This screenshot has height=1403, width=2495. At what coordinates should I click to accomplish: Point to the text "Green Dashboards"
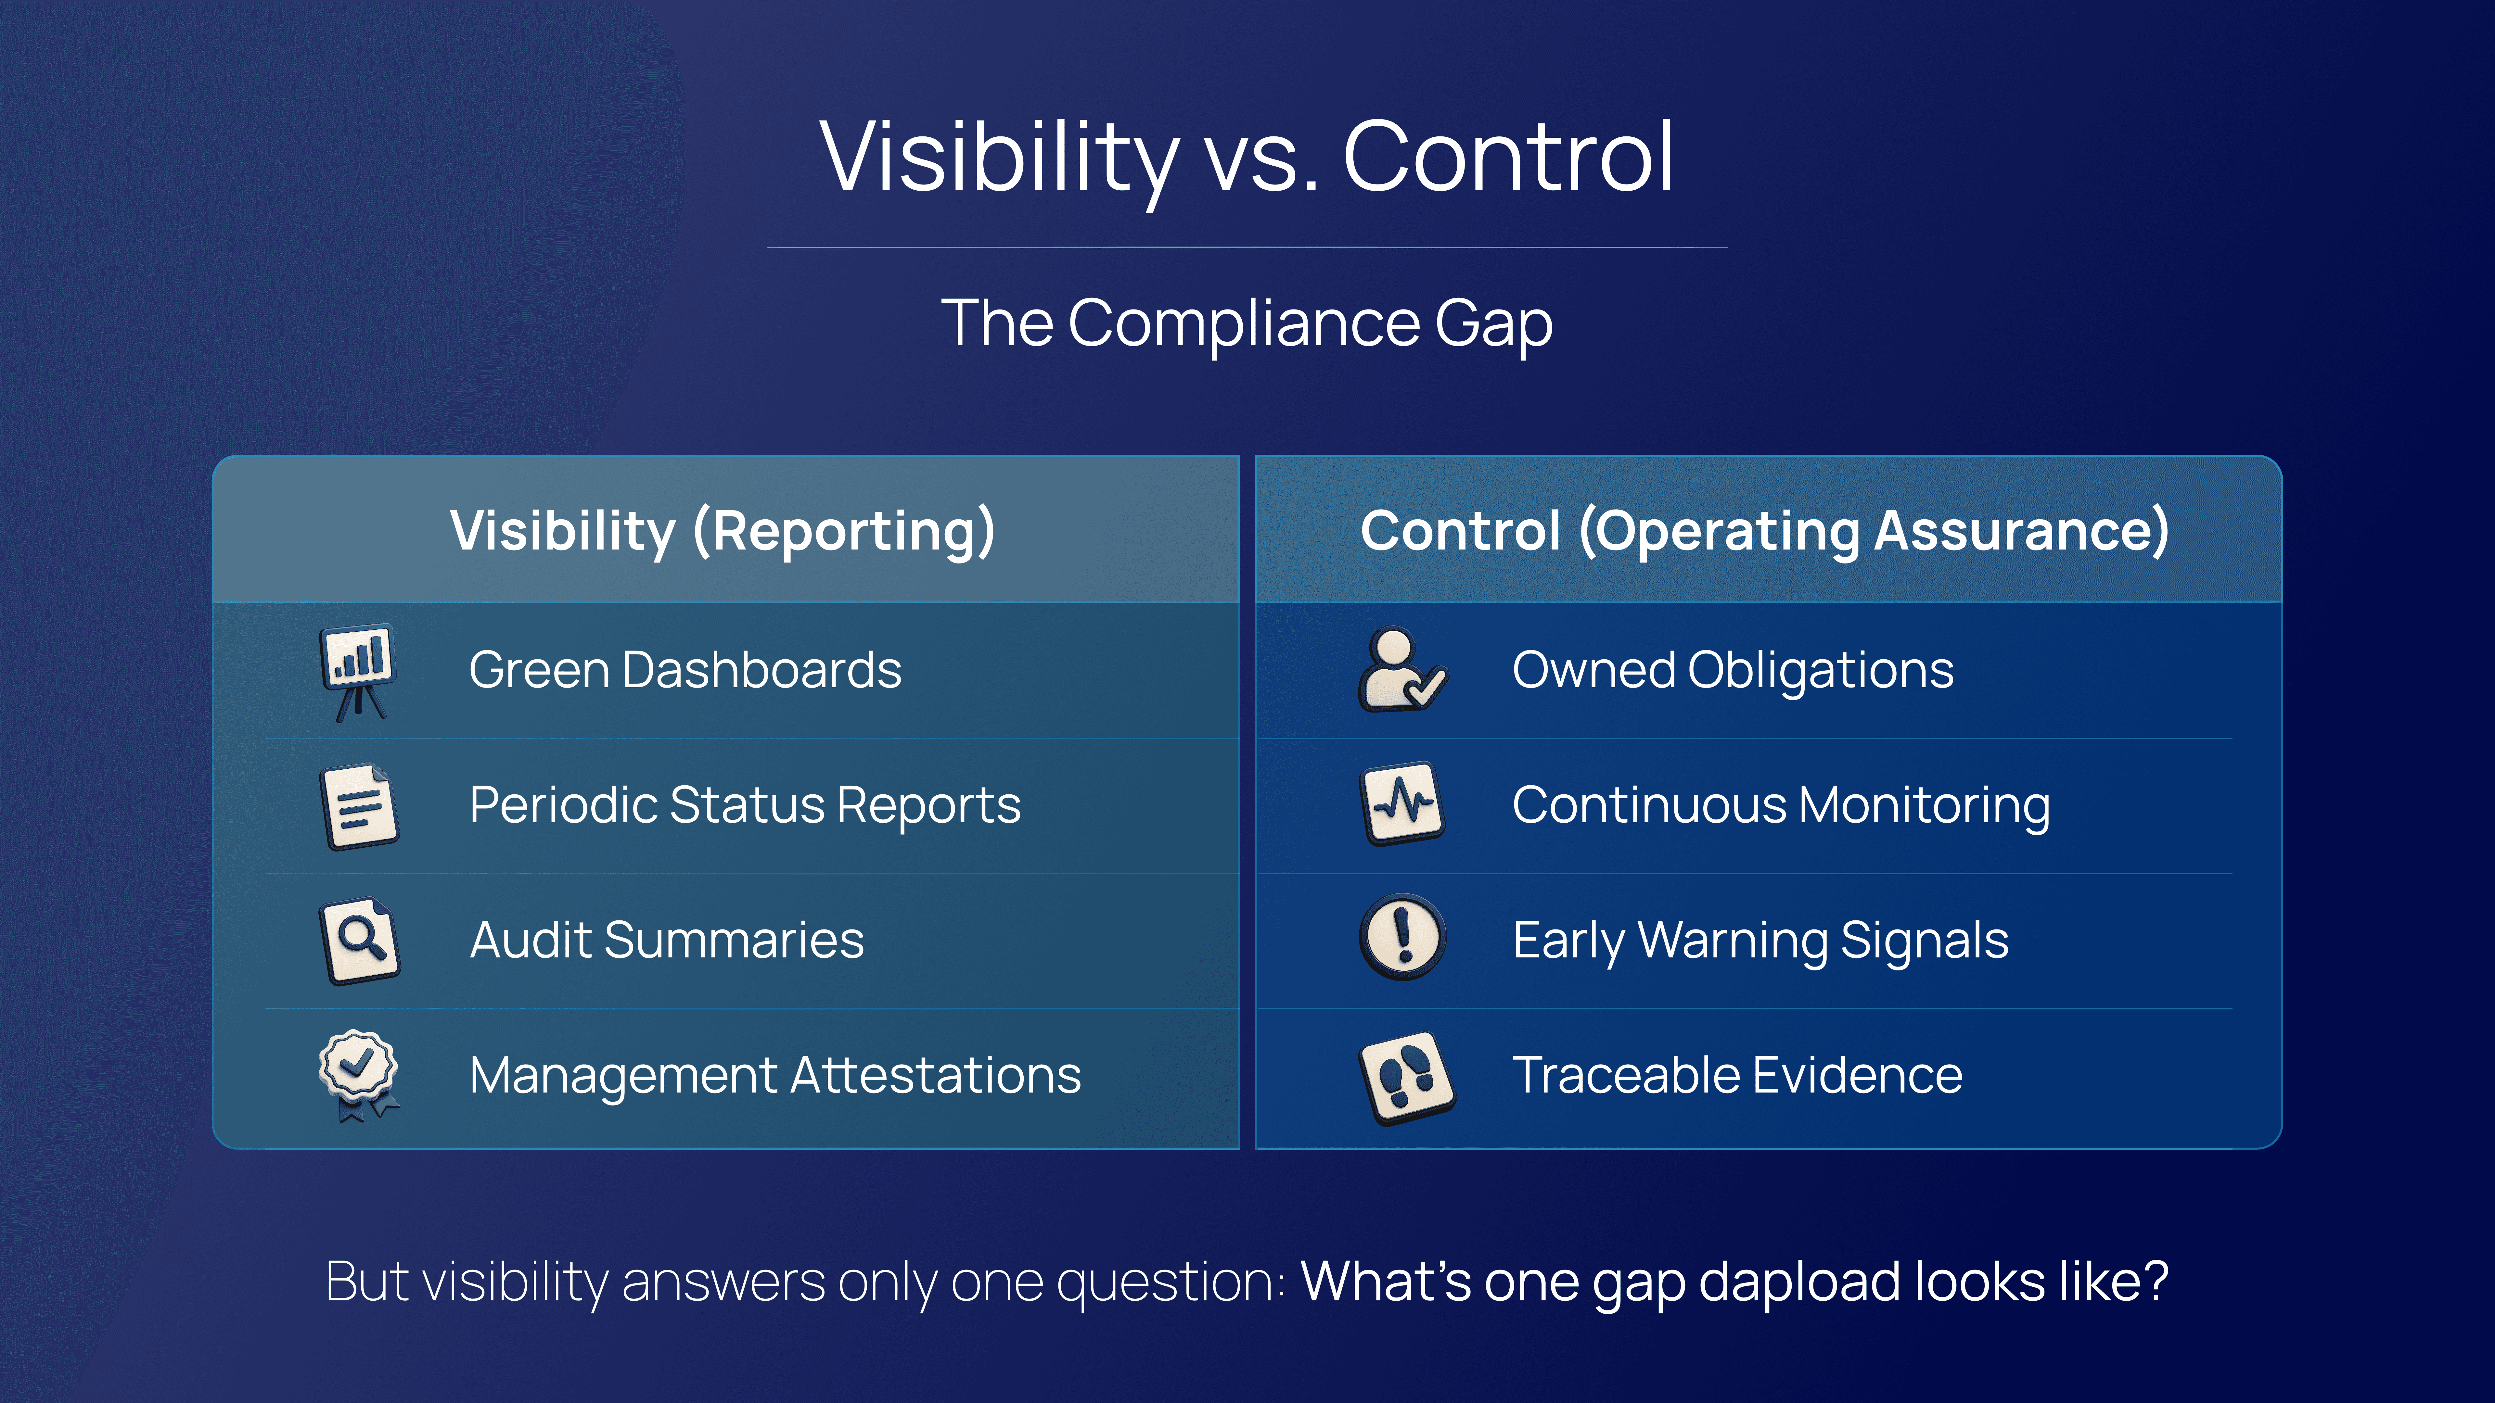[685, 670]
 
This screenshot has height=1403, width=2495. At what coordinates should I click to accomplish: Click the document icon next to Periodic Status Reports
[358, 806]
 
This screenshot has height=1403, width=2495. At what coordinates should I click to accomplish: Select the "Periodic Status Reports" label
[745, 805]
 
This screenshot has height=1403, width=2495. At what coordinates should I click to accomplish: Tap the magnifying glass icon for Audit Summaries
[359, 941]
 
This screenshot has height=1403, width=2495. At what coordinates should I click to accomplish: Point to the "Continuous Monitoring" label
[1781, 805]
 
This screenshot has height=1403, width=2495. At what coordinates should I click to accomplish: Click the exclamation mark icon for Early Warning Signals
[1402, 937]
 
